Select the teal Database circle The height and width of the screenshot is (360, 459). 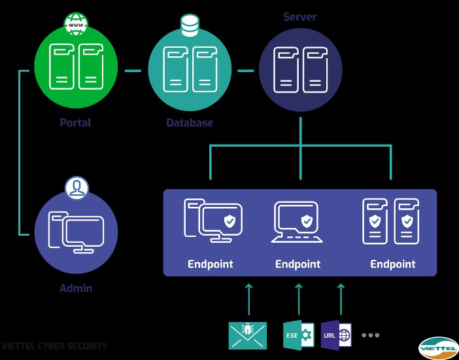(x=190, y=69)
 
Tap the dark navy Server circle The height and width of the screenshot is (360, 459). (x=301, y=69)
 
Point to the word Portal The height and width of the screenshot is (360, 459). (x=75, y=122)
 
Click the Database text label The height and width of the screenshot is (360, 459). (x=190, y=122)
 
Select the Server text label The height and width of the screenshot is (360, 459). (x=300, y=16)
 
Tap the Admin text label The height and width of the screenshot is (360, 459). (x=76, y=288)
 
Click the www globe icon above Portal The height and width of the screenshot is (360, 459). (x=76, y=26)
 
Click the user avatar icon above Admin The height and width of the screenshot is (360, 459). (x=76, y=189)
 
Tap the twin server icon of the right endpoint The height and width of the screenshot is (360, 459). (x=390, y=221)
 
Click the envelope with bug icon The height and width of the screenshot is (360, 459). (x=248, y=334)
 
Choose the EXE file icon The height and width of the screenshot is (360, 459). (x=298, y=334)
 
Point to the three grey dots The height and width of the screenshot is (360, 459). (x=370, y=335)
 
